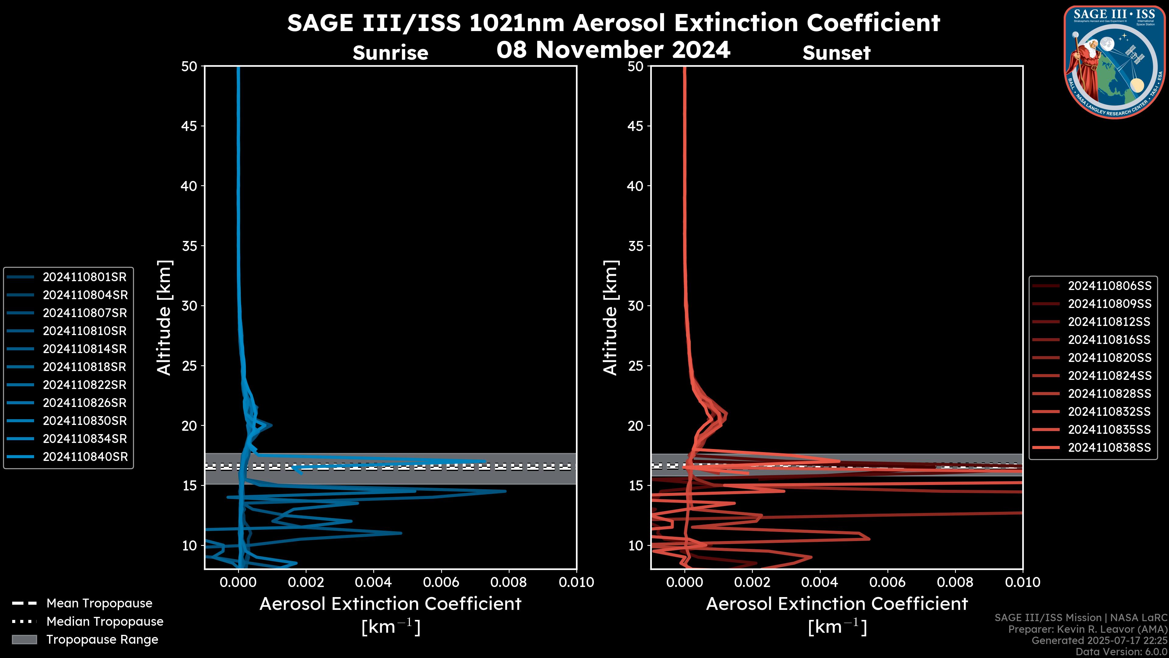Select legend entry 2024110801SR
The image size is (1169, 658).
[x=84, y=277]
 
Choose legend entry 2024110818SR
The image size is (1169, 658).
[x=84, y=367]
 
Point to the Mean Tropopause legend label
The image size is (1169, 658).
[x=99, y=603]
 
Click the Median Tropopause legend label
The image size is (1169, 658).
[x=104, y=622]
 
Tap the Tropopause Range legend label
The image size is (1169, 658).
[x=102, y=640]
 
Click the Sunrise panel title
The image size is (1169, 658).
[x=390, y=53]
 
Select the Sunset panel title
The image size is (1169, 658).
[x=836, y=53]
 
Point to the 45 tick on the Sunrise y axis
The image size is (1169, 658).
[x=189, y=126]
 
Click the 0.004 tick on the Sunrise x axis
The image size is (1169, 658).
[x=373, y=582]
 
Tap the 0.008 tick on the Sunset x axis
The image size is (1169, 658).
[x=955, y=582]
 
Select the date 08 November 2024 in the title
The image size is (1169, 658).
[x=613, y=50]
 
